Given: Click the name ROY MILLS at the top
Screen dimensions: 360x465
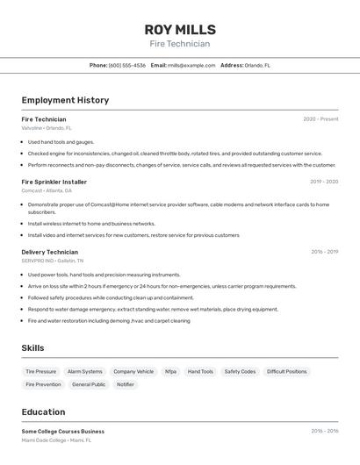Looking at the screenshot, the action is tap(179, 29).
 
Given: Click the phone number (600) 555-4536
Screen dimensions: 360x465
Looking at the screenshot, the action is tap(127, 65).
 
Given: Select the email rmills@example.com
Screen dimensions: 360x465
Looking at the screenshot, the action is tap(191, 65).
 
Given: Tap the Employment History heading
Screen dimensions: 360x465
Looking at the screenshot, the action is tap(65, 100).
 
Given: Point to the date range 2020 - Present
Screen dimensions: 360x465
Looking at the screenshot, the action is tap(320, 119).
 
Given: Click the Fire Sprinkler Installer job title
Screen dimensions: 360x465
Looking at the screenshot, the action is tap(54, 182).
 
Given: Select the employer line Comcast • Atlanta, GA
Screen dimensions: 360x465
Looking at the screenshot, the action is tap(47, 190).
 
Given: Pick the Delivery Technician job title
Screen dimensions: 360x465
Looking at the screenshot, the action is tap(49, 252).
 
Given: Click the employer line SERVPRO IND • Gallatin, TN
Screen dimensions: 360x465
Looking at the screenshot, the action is tap(53, 261).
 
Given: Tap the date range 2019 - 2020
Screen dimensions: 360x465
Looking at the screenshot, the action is tap(324, 182).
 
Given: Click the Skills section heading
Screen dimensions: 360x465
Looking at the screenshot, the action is tap(32, 348).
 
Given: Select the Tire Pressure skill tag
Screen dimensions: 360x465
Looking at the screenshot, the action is tap(40, 371).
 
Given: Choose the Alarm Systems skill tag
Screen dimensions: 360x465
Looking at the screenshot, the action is tap(85, 371).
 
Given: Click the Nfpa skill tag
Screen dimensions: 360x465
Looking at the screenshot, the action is tap(170, 371).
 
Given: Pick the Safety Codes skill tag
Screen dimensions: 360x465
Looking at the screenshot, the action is tap(240, 371).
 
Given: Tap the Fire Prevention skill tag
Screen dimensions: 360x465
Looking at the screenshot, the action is tap(43, 384).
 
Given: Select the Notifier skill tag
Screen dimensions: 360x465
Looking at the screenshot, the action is tap(126, 384).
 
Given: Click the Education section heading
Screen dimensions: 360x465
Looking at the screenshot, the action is tap(43, 411).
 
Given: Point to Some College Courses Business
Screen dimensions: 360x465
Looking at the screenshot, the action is tap(62, 432).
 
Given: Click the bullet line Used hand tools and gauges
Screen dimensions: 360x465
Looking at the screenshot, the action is tap(61, 141).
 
